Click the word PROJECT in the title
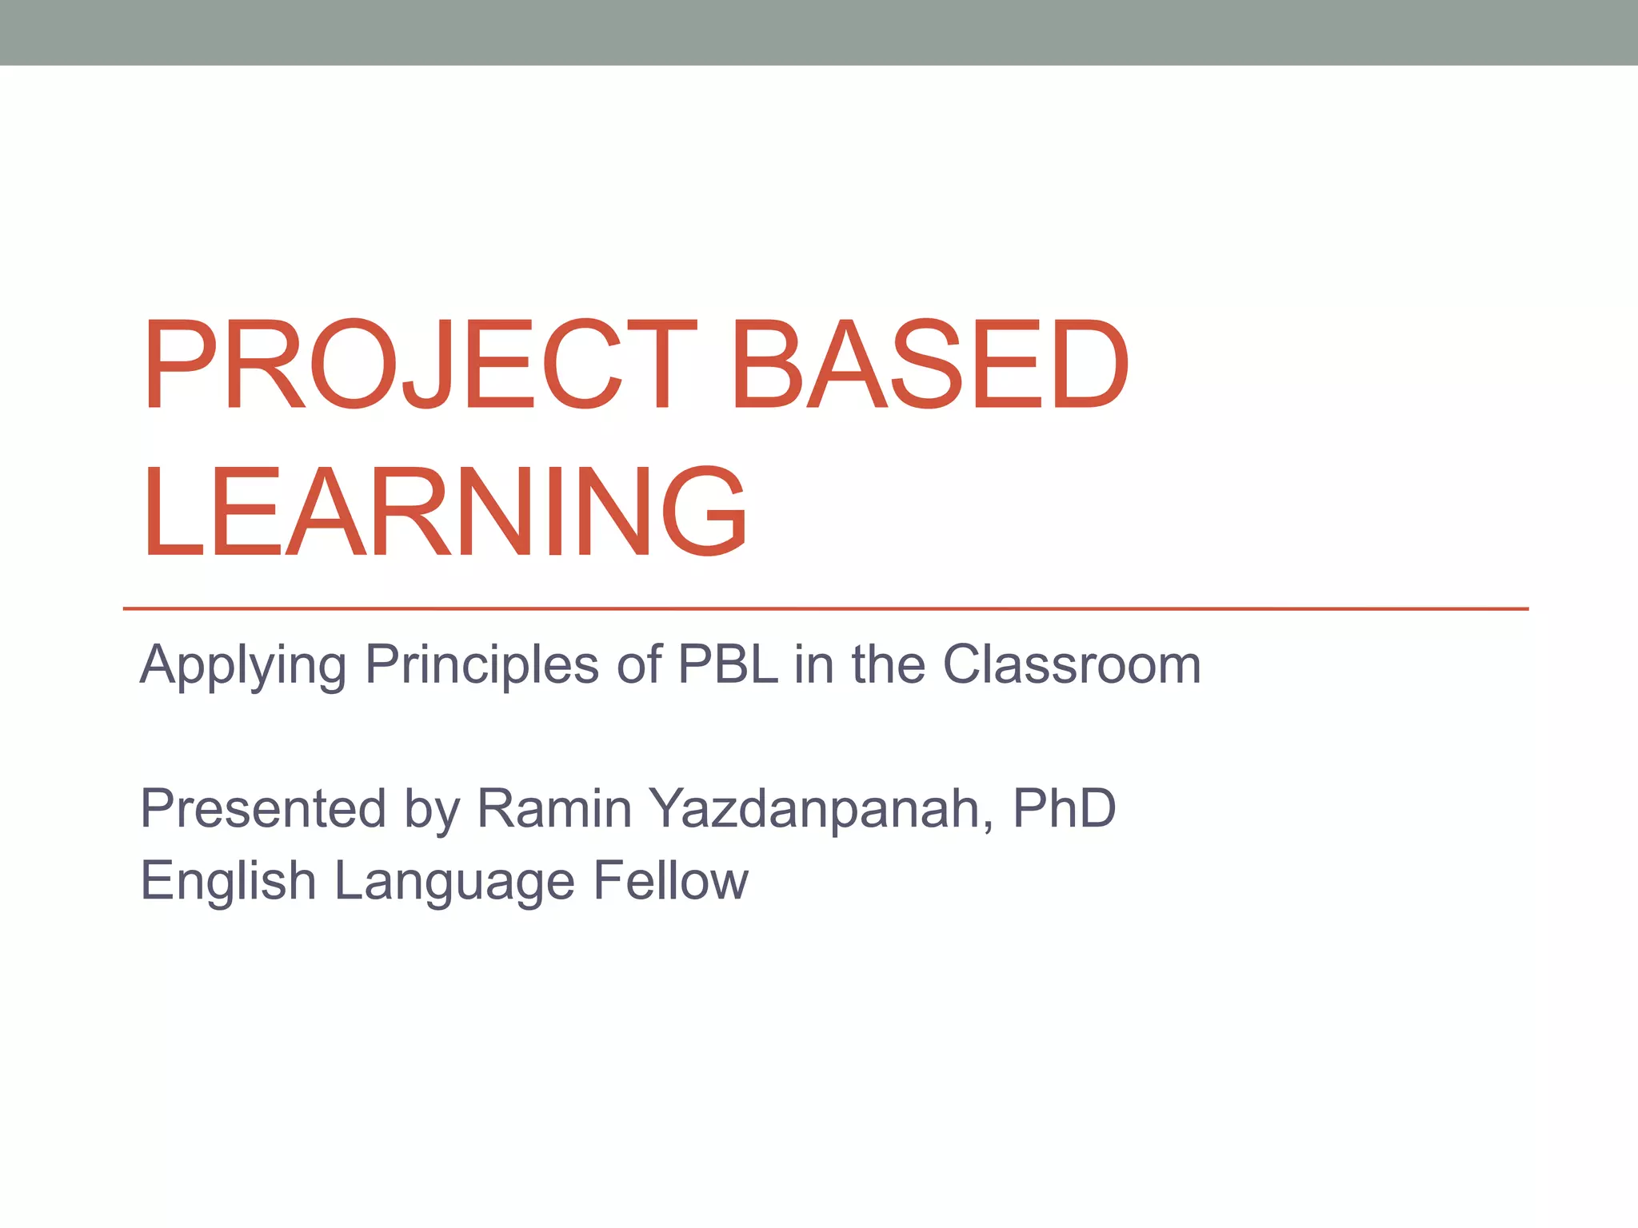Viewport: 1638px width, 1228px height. (x=420, y=365)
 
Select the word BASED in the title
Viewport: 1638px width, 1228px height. (x=929, y=365)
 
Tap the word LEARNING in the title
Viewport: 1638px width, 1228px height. (x=445, y=512)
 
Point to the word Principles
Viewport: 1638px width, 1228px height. (x=481, y=664)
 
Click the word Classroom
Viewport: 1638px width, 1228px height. (x=1072, y=664)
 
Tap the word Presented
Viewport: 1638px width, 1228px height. (x=263, y=808)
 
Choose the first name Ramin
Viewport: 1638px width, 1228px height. (x=554, y=808)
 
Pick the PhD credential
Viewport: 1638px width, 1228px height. (x=1064, y=808)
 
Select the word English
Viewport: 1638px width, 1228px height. (x=228, y=882)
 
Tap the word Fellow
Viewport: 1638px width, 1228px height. (x=670, y=880)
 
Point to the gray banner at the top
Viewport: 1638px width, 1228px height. (x=819, y=32)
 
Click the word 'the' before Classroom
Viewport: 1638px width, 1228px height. (x=888, y=664)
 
